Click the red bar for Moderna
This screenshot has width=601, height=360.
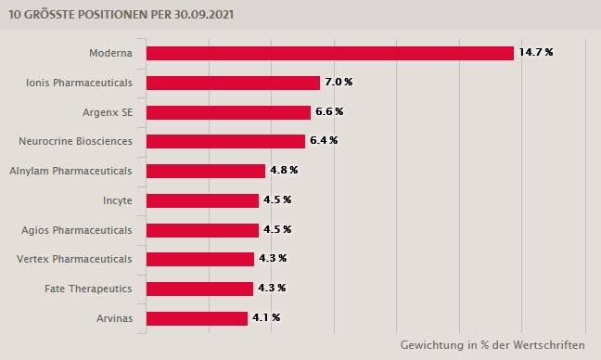click(x=329, y=53)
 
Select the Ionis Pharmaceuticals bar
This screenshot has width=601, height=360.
click(x=233, y=83)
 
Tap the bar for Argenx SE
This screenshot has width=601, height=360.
click(x=228, y=112)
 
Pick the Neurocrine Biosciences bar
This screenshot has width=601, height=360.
click(x=225, y=141)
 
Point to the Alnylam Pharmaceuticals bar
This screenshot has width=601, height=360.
click(x=206, y=171)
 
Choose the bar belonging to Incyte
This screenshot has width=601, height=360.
click(x=202, y=200)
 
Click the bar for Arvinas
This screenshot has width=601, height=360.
click(x=197, y=318)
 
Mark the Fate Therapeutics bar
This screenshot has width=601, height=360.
click(x=199, y=289)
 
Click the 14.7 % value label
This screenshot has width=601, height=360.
click(x=536, y=52)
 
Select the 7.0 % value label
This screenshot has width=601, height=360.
click(x=338, y=82)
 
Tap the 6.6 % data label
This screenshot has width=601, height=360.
click(x=328, y=111)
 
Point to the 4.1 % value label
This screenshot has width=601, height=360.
click(x=265, y=317)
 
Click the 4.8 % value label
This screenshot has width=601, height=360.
click(x=283, y=171)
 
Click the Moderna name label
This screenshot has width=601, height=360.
click(x=110, y=53)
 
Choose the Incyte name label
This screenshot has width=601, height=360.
click(x=117, y=200)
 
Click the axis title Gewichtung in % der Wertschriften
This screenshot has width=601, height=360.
click(x=492, y=345)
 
